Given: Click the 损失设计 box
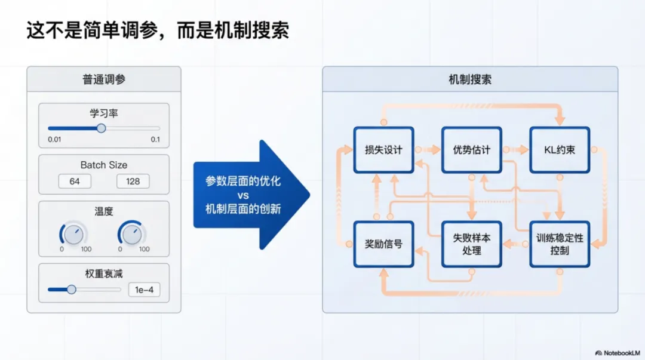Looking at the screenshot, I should point(383,150).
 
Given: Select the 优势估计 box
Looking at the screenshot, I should point(471,150).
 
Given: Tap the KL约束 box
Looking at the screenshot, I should point(560,150).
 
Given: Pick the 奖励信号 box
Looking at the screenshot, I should point(383,244).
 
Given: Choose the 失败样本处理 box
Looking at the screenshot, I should point(471,244).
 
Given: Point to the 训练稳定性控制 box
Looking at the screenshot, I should point(560,244).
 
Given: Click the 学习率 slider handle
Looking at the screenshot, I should point(101,128).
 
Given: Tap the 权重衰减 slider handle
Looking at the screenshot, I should point(72,290).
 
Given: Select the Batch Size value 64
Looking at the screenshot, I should point(75,181).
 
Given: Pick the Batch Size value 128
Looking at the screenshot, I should point(133,181).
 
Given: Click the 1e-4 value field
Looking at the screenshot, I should point(144,290).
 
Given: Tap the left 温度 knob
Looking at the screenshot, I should point(73,234).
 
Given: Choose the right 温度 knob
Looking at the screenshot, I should point(131,234).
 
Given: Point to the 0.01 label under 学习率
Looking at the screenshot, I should point(54,140).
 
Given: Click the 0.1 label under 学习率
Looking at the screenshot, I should point(155,140).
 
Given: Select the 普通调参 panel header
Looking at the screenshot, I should point(104,79).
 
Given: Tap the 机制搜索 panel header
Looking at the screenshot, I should point(470,79).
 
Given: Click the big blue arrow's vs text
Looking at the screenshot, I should point(243,195).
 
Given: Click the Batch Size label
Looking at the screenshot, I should point(104,165).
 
